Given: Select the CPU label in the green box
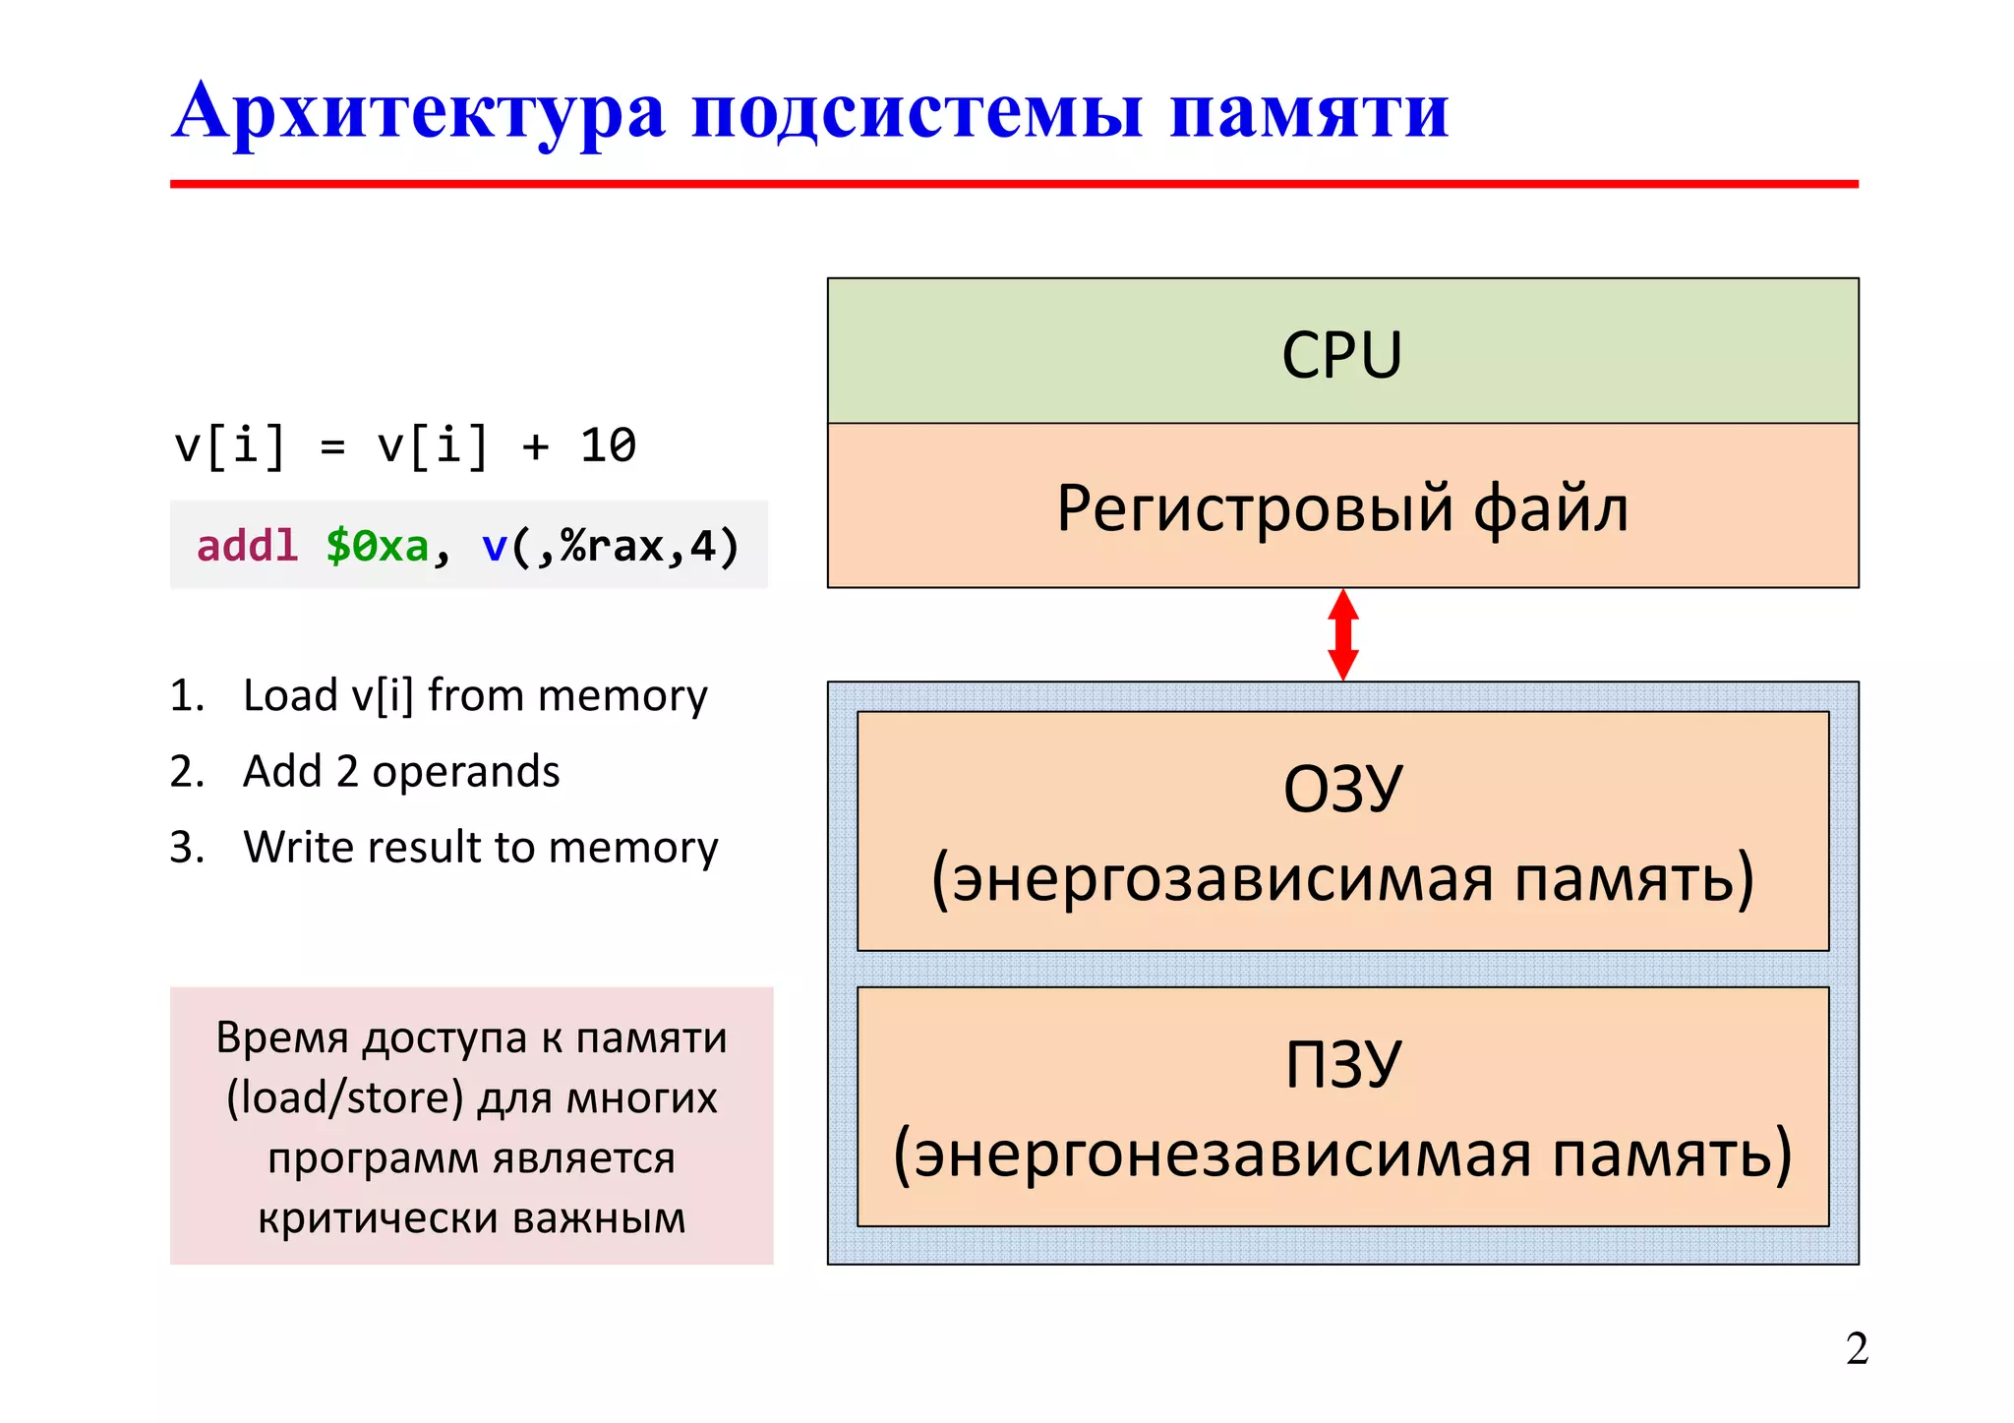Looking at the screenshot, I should [x=1341, y=355].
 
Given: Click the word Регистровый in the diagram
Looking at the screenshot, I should [x=1254, y=509].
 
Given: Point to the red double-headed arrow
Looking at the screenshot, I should [x=1342, y=634].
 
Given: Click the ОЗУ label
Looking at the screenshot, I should [x=1342, y=789].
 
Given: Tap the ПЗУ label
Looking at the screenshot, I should [x=1342, y=1064].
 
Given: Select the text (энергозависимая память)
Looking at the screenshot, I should [x=1342, y=878].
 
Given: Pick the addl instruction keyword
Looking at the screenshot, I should [x=247, y=546].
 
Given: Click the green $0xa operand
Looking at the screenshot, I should [x=378, y=546].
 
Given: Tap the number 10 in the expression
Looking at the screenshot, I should [x=608, y=445].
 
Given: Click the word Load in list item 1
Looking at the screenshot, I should [x=290, y=695].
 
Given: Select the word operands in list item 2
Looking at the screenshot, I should [x=465, y=771].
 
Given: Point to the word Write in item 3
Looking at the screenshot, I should [x=299, y=847].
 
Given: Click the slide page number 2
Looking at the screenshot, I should [x=1857, y=1348].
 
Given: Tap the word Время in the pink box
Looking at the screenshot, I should [x=282, y=1038].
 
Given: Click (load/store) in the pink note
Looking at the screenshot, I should [x=344, y=1097].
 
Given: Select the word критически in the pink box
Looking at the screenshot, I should [x=377, y=1218].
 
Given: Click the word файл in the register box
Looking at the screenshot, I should [x=1550, y=509].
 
